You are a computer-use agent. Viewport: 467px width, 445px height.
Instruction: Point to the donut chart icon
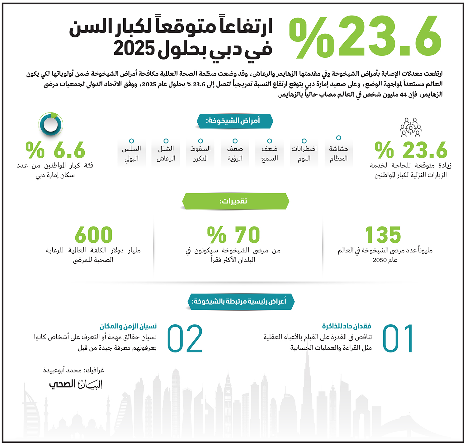tap(51, 124)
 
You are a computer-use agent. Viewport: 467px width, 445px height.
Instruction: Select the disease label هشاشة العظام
tap(338, 153)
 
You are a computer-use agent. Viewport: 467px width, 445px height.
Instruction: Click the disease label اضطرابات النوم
tap(304, 153)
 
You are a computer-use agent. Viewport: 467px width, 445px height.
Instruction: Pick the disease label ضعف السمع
tap(269, 153)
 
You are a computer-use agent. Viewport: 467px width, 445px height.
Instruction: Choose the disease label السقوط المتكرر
tap(200, 153)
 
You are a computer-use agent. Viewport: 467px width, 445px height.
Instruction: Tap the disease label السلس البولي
tap(131, 153)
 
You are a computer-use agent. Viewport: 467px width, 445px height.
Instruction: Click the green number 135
tap(383, 235)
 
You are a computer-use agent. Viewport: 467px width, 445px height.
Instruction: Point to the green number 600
tap(93, 235)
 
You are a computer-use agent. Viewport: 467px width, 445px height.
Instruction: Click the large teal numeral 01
tap(398, 338)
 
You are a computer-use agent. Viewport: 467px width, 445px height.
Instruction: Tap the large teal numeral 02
tap(185, 338)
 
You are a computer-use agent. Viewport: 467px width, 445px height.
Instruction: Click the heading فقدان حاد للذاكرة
tap(347, 326)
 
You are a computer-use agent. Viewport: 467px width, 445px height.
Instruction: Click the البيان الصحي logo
tap(76, 384)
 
